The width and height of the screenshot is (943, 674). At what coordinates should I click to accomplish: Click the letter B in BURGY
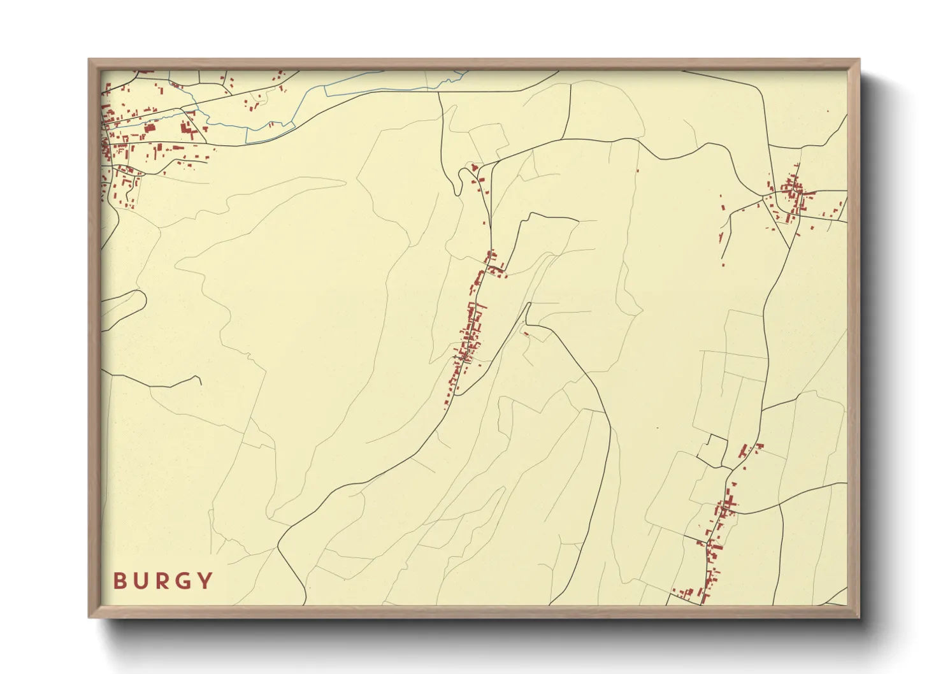pyautogui.click(x=119, y=581)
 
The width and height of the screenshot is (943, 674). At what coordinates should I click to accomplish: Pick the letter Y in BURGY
pyautogui.click(x=205, y=581)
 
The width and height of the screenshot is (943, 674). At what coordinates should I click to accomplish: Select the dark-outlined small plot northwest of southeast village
pyautogui.click(x=712, y=448)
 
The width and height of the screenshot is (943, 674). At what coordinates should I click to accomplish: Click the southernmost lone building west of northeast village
pyautogui.click(x=723, y=263)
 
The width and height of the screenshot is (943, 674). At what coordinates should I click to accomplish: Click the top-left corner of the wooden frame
pyautogui.click(x=90, y=61)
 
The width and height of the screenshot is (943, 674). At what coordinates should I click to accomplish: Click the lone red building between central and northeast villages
pyautogui.click(x=637, y=170)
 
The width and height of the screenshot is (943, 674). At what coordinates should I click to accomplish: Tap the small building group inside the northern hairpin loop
pyautogui.click(x=475, y=168)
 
